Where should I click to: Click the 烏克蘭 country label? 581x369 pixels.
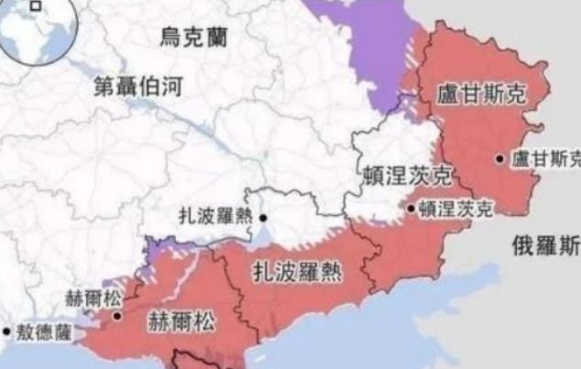[x=194, y=38]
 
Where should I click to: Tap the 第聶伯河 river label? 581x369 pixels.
[x=139, y=87]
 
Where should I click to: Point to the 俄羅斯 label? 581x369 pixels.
[x=546, y=244]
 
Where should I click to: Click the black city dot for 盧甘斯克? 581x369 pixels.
[x=500, y=158]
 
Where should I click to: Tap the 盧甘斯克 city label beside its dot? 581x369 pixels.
[x=545, y=158]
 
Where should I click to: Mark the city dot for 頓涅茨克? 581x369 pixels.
[x=411, y=208]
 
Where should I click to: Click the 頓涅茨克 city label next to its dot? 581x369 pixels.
[x=455, y=209]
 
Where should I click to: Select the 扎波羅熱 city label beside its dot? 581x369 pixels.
[x=217, y=219]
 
